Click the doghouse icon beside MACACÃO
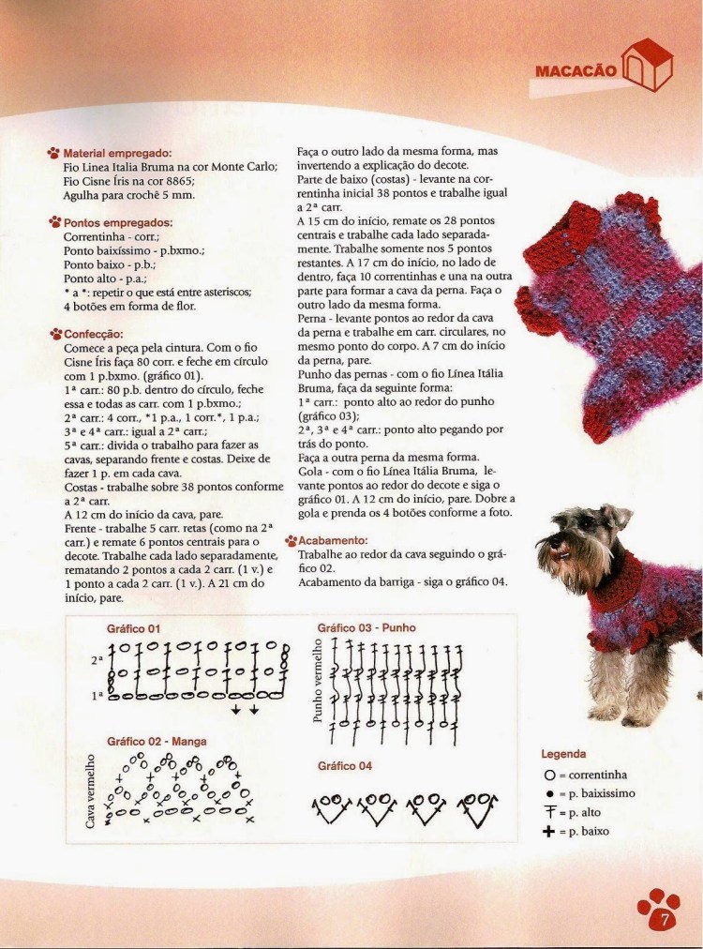tap(650, 66)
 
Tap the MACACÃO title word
tap(575, 70)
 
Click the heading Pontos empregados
tap(118, 223)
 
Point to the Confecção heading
tap(94, 333)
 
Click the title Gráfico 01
tap(134, 627)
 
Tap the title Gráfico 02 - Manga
tap(157, 741)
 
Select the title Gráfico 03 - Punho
tap(366, 627)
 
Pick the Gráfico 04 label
tap(344, 766)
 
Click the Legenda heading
tap(564, 754)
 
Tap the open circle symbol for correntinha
tap(548, 776)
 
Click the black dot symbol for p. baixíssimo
tap(548, 793)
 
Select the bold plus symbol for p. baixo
tap(548, 831)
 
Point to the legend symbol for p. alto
tap(548, 812)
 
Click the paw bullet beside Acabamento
tap(291, 541)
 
